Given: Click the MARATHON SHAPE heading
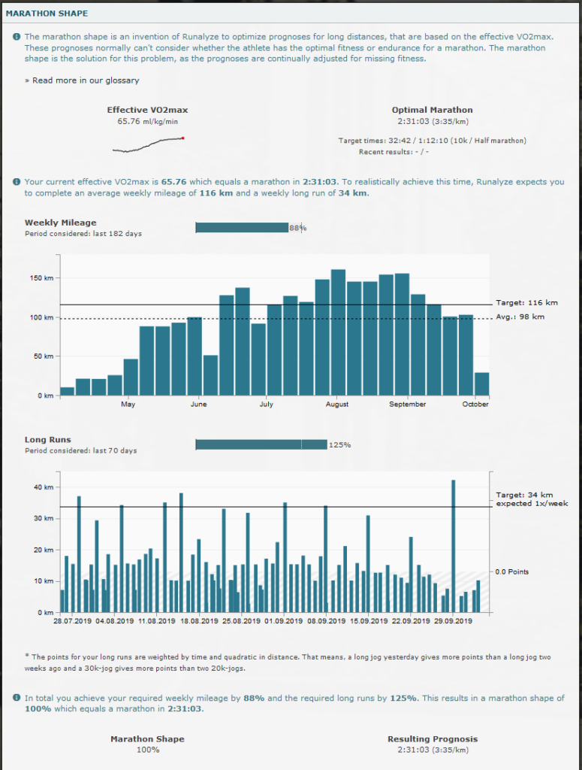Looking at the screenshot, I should (x=47, y=14).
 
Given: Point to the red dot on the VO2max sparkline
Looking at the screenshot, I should (x=183, y=138).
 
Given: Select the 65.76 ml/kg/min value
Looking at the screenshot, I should (x=148, y=121).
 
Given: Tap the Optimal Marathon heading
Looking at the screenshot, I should (x=432, y=110).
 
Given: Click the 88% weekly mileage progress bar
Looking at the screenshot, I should (x=242, y=228).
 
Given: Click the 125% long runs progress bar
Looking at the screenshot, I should (x=261, y=444).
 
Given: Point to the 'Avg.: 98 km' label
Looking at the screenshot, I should (x=520, y=317).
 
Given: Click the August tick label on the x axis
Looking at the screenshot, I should (x=337, y=405).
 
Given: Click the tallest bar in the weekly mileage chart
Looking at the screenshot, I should (x=338, y=332).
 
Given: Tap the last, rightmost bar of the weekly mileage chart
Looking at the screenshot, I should (x=481, y=383).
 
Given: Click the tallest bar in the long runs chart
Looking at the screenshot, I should (x=453, y=546).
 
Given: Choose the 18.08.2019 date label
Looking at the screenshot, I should (x=199, y=622).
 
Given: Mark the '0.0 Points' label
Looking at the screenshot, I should (x=512, y=572).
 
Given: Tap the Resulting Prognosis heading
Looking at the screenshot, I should (x=432, y=739).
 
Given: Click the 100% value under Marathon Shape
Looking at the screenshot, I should (x=147, y=750).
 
